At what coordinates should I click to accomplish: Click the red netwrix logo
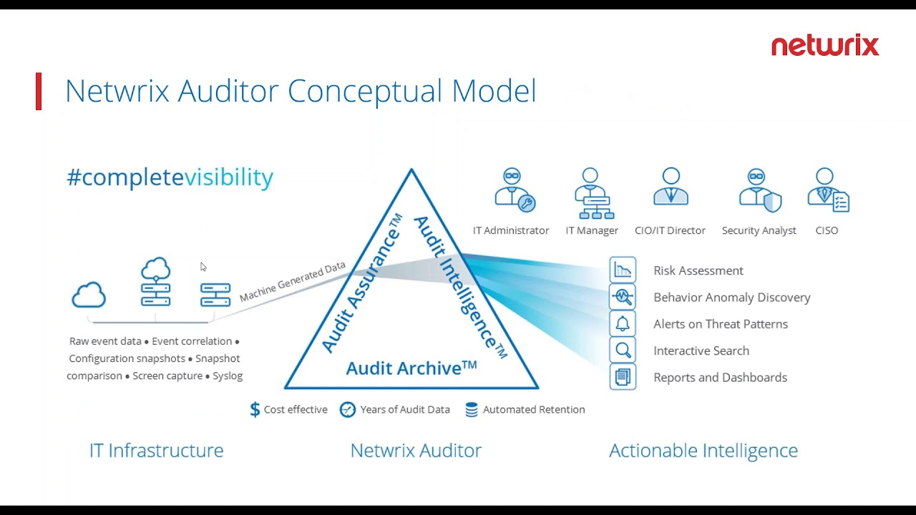point(825,45)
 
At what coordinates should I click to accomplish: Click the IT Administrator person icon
point(515,190)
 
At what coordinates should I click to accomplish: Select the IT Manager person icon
point(594,193)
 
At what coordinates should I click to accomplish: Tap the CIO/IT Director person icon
point(671,187)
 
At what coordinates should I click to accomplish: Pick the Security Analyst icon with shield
point(760,190)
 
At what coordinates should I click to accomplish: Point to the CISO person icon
point(829,190)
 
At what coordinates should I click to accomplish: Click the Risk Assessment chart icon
point(623,270)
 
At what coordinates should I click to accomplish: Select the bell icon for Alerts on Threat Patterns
point(623,324)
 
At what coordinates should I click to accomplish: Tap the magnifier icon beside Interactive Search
point(623,350)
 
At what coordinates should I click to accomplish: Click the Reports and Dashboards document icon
point(623,377)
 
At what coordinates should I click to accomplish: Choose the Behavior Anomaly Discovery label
point(732,298)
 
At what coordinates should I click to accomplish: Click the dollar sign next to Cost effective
point(255,409)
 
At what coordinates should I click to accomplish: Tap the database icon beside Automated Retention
point(472,410)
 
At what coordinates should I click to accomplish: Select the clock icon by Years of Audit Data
point(348,410)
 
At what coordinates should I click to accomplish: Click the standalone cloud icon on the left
point(89,295)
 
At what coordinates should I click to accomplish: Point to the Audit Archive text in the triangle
point(411,368)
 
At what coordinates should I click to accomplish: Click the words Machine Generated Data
point(293,282)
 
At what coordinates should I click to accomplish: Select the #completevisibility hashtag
point(170,177)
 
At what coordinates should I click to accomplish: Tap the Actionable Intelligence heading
point(703,451)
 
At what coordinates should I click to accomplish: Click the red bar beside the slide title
point(39,91)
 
